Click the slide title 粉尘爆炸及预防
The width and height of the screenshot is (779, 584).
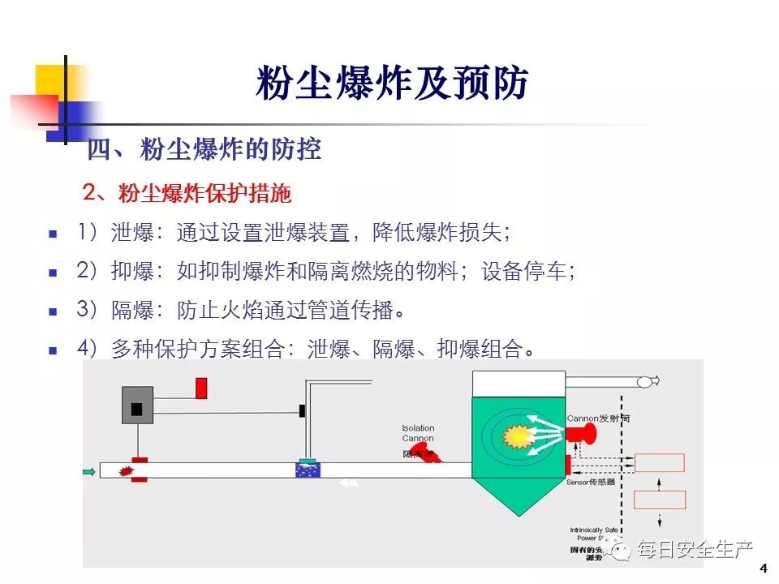point(392,84)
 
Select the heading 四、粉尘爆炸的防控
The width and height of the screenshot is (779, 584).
point(204,150)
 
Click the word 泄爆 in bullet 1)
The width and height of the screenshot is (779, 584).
point(132,234)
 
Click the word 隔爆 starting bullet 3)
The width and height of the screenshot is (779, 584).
point(132,310)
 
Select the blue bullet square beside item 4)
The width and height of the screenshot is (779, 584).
point(54,350)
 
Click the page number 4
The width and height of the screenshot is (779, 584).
point(763,567)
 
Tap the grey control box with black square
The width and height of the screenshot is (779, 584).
point(137,405)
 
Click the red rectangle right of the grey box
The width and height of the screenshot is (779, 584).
point(201,388)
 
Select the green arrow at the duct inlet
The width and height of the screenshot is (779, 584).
point(88,470)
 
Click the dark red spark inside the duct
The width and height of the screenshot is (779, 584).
point(126,470)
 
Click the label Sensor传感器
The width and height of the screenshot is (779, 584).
point(591,481)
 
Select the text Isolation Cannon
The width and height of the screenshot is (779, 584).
point(418,433)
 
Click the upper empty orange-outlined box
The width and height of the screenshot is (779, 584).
point(659,463)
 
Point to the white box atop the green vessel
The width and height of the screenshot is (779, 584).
point(519,384)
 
